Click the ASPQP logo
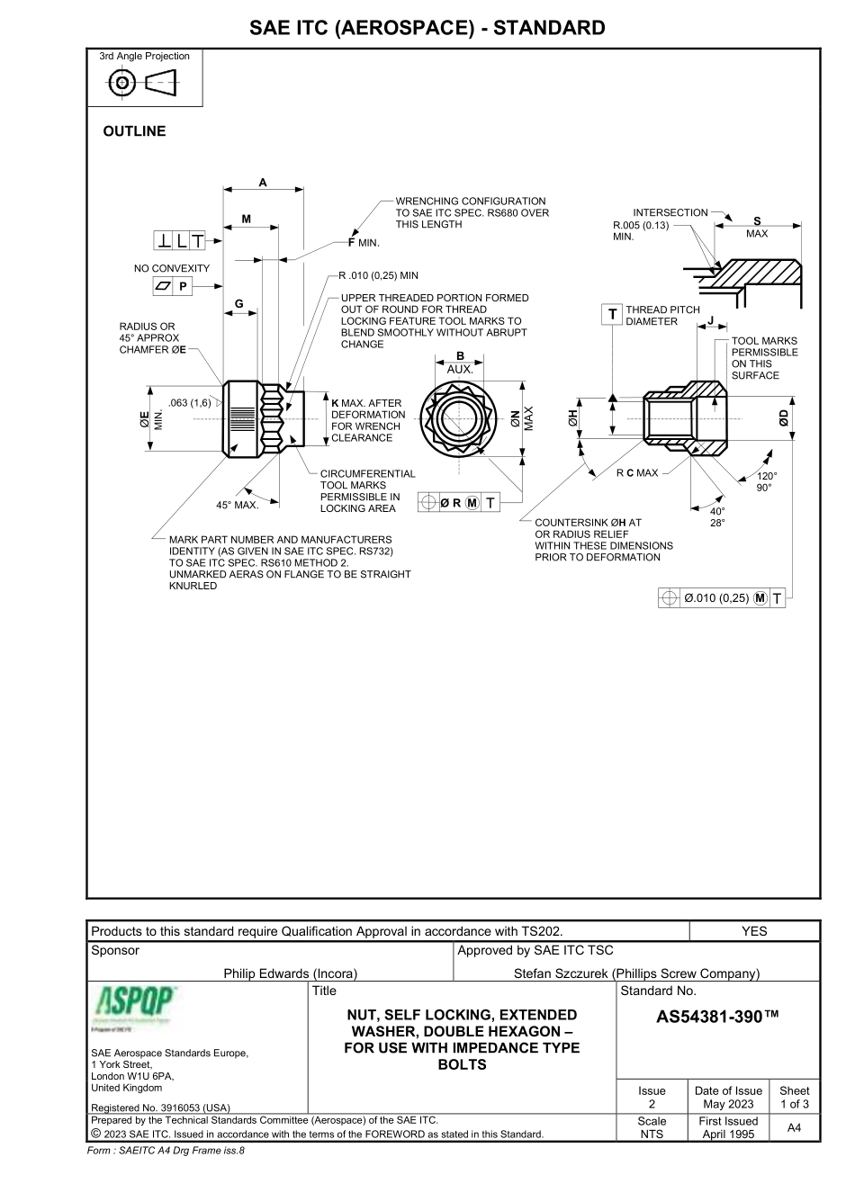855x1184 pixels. click(135, 1007)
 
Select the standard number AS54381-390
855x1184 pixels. click(717, 1017)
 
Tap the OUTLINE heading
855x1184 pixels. click(135, 131)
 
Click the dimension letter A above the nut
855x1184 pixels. click(263, 182)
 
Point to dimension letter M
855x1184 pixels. click(247, 219)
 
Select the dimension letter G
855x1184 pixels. click(238, 304)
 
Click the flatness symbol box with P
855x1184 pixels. click(174, 287)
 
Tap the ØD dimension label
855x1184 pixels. click(784, 418)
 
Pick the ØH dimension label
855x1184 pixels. click(571, 418)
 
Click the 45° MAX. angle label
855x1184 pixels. click(238, 505)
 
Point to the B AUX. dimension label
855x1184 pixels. click(460, 362)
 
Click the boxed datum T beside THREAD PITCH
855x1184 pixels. click(612, 314)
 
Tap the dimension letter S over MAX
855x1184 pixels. click(757, 221)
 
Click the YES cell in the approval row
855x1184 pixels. click(754, 931)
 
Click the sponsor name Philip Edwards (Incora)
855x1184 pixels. click(291, 973)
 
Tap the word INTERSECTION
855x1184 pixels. click(670, 212)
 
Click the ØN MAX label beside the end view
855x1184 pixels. click(519, 418)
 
